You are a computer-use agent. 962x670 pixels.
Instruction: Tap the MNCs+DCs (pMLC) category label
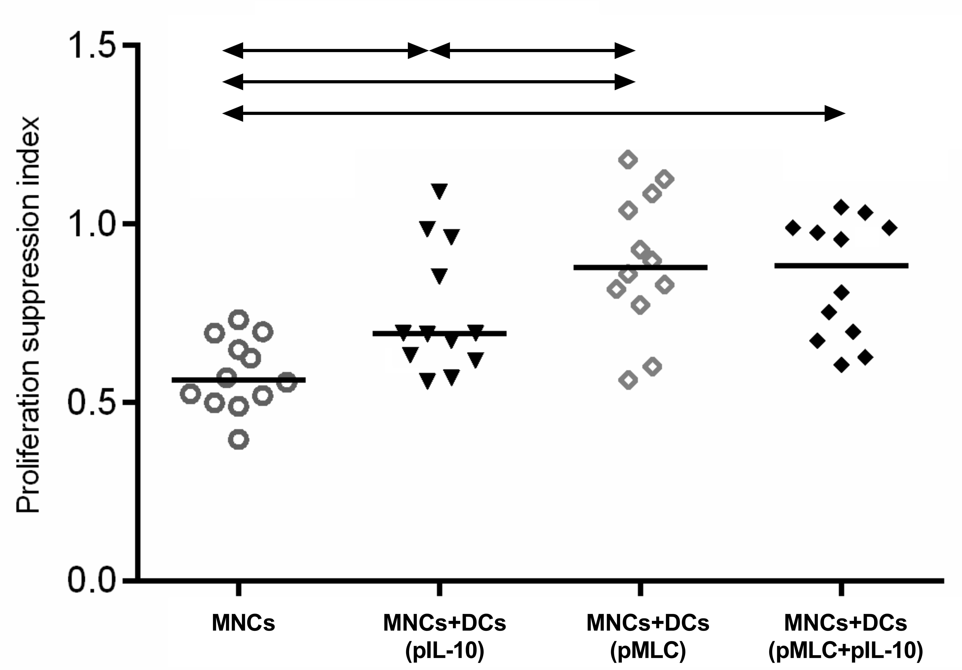coord(648,637)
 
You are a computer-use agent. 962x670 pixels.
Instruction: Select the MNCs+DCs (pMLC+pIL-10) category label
coord(846,637)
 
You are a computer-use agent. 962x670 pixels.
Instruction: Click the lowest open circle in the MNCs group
coord(238,439)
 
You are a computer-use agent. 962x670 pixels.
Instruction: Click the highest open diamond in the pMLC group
coord(628,160)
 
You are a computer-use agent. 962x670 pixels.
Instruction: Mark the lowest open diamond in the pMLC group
coord(629,381)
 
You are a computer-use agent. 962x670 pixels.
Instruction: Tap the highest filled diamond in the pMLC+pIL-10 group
coord(841,207)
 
